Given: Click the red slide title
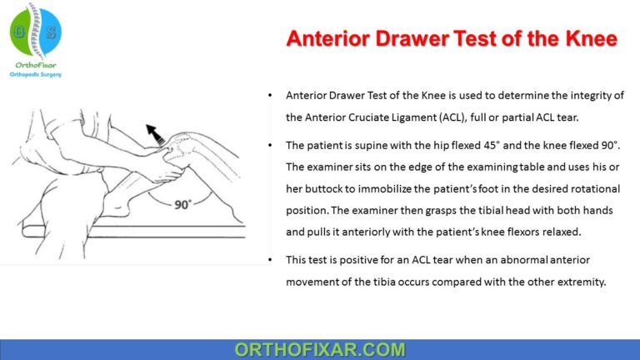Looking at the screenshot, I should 452,39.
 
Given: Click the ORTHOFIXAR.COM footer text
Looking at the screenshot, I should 320,349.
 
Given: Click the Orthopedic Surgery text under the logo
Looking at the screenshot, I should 35,74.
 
